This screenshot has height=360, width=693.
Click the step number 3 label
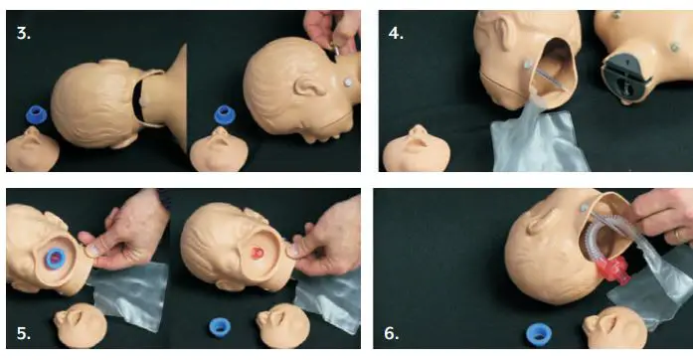click(24, 32)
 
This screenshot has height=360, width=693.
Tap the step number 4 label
click(397, 32)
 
